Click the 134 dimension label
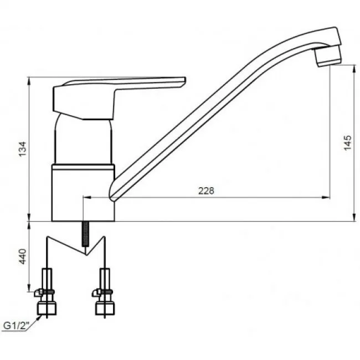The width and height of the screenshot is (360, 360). pos(23,149)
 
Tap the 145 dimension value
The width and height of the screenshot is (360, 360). pos(348,143)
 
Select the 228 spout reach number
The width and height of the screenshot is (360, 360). pos(206,191)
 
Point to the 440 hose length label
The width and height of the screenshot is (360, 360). pos(23,256)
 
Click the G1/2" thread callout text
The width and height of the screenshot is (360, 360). pos(17,326)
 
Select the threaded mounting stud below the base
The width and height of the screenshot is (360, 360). pos(86,234)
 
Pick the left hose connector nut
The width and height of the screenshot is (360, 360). pos(47,308)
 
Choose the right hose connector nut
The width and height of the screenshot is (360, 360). pos(105,308)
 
